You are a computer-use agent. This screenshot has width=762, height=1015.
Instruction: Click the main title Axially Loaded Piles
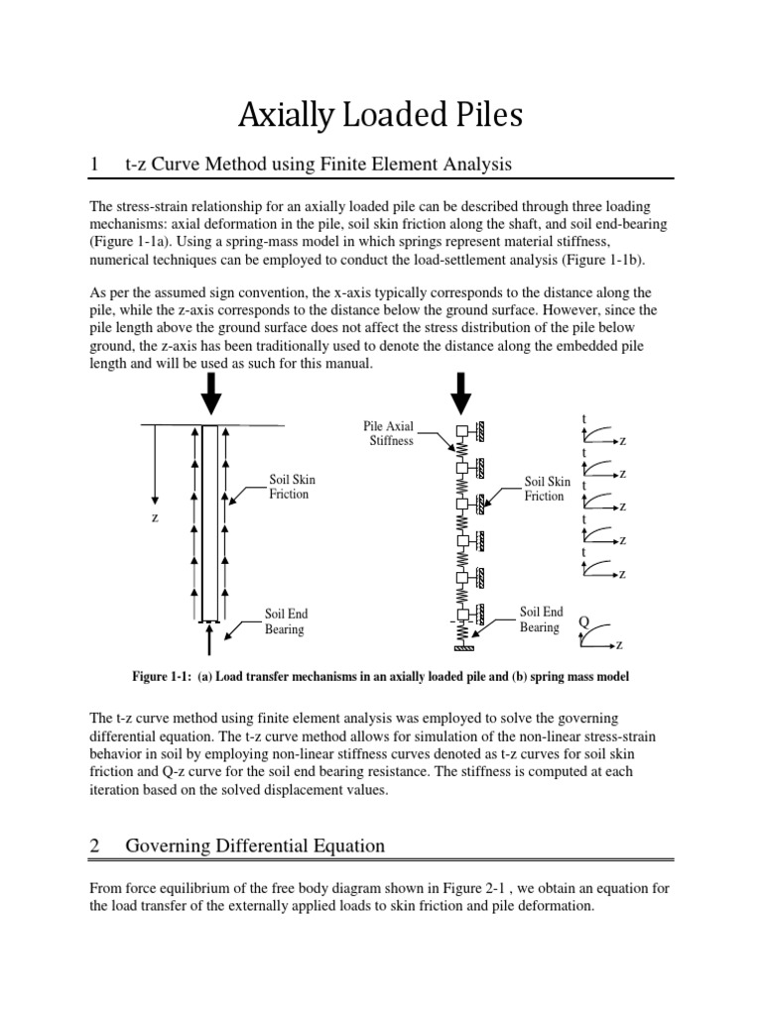pos(380,117)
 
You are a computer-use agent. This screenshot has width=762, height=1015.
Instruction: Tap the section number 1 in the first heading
pos(93,165)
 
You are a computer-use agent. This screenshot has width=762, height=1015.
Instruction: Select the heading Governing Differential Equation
pos(255,846)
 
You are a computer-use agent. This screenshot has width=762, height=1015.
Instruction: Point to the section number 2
pos(94,846)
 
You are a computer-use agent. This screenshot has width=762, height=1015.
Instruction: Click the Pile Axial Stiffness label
pos(389,433)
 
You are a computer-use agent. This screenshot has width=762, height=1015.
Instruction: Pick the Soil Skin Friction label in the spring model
pos(547,488)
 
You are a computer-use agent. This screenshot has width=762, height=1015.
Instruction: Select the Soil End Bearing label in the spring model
pos(542,620)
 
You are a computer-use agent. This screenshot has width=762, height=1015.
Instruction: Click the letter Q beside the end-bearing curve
pos(583,620)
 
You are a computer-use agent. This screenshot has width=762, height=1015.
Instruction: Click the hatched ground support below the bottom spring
pos(461,648)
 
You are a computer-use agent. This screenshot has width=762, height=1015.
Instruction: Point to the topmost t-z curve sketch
pos(599,433)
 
